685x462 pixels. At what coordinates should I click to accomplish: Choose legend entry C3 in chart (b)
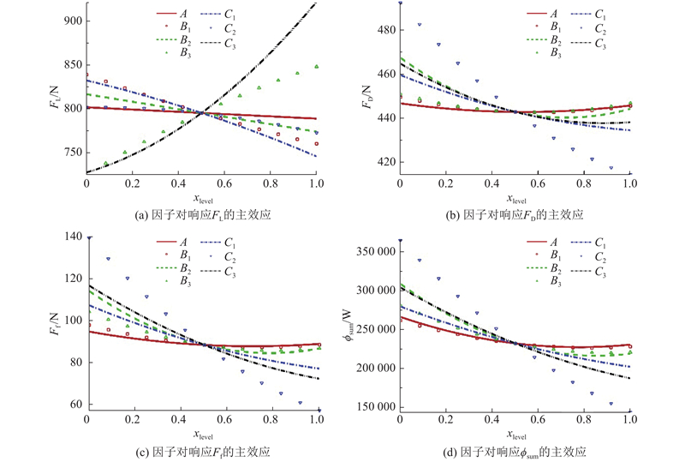pyautogui.click(x=597, y=45)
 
